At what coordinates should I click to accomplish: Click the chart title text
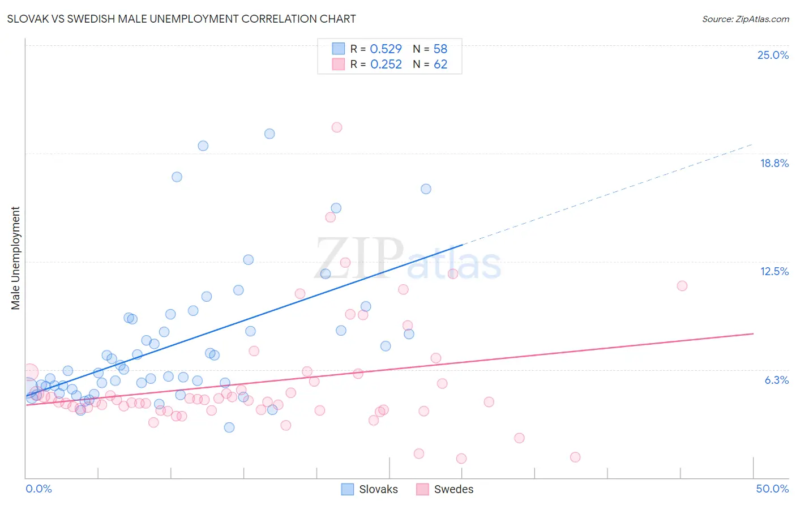pos(181,19)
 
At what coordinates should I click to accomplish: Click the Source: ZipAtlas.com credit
pos(745,19)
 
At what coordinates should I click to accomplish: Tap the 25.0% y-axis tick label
pos(772,55)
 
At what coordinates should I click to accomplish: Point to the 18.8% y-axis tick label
pos(773,163)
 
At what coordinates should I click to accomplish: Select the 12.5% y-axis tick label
pos(773,271)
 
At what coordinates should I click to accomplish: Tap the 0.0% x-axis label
pos(38,489)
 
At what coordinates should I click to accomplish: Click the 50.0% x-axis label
pos(772,489)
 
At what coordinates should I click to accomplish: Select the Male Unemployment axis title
pos(15,258)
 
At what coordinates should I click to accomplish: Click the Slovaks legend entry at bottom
pos(370,489)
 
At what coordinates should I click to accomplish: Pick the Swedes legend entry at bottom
pos(445,489)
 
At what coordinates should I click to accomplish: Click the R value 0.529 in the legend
pos(386,49)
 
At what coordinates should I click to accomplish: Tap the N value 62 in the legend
pos(440,65)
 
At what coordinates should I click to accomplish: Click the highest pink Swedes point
pos(337,127)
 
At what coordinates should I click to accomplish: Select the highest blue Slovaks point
pos(269,134)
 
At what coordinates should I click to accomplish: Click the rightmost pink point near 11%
pos(682,286)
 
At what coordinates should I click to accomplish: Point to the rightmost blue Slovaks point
pos(426,189)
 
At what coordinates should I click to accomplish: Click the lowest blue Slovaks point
pos(229,427)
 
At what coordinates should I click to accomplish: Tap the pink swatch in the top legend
pos(339,65)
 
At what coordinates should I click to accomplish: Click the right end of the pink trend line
pos(753,333)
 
